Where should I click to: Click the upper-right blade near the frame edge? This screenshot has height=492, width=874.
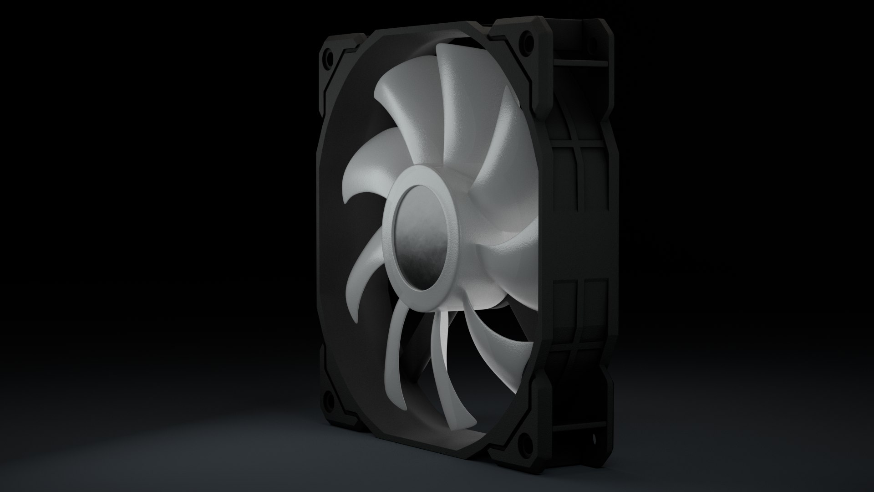pos(496,150)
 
